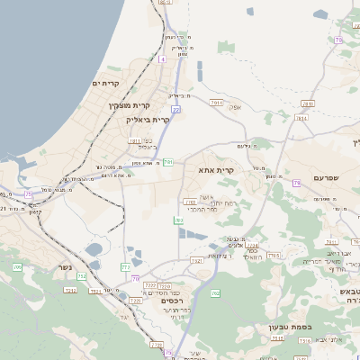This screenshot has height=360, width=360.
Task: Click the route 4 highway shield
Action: click(161, 58)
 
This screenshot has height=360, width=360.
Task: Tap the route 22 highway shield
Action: click(176, 109)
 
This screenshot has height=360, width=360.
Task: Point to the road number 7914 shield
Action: click(189, 201)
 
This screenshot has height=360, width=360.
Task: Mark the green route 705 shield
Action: click(17, 267)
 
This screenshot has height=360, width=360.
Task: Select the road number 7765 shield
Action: click(274, 256)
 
